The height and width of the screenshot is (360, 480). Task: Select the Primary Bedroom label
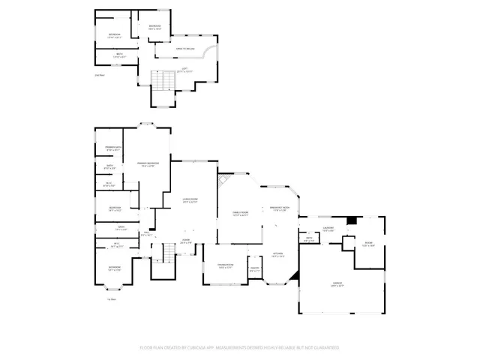(148, 164)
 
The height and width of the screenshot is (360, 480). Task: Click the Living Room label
(189, 200)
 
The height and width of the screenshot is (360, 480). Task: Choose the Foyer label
(186, 241)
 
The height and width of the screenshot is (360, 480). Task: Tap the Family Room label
(240, 214)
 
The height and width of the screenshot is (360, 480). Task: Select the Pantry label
(255, 269)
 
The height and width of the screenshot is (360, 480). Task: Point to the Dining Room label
(226, 266)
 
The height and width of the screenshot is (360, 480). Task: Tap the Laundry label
(328, 228)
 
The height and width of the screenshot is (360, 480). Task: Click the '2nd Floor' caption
(99, 76)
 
